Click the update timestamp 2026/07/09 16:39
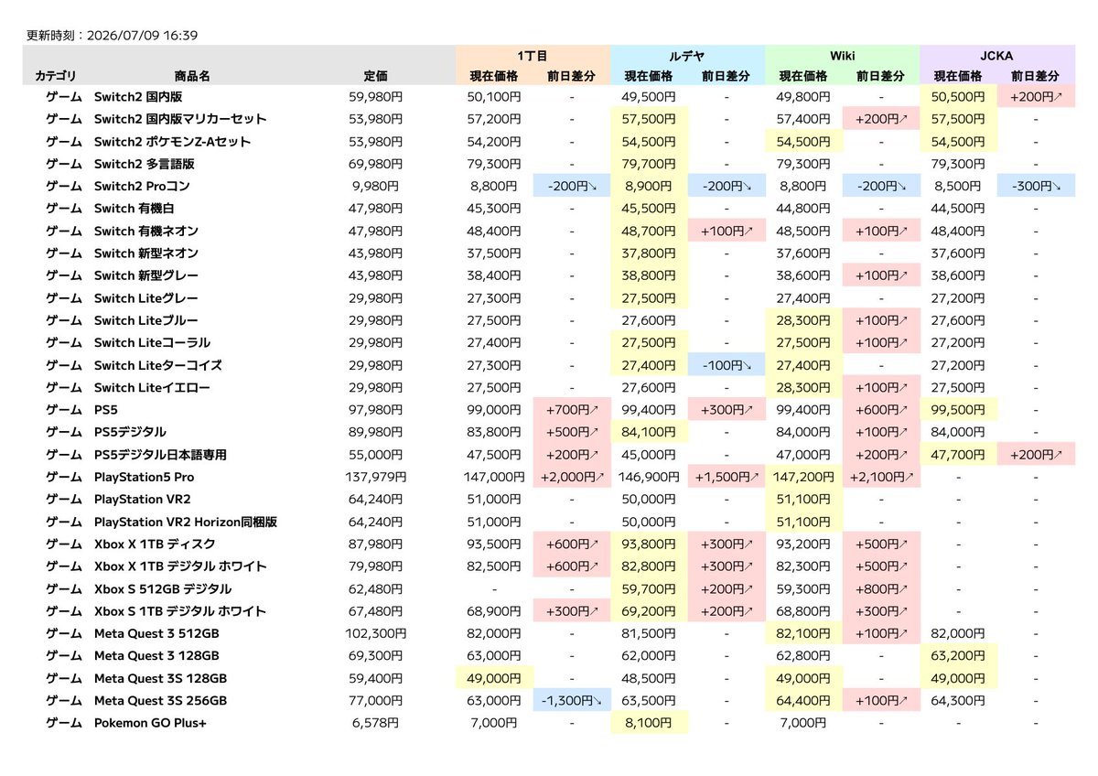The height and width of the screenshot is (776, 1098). (x=142, y=36)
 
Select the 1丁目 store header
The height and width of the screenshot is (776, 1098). (x=533, y=56)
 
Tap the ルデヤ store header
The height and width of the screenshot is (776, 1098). (x=687, y=56)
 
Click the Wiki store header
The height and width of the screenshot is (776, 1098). (x=842, y=56)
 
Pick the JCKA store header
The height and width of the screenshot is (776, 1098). (x=996, y=56)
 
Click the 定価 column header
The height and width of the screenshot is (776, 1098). (x=375, y=76)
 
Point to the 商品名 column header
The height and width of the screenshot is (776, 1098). (x=192, y=76)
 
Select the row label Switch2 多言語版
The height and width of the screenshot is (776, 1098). (x=145, y=164)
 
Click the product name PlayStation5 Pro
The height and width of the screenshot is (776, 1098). (x=145, y=477)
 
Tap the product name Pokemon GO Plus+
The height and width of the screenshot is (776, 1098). (x=150, y=723)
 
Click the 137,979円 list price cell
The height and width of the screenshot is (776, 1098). (x=375, y=477)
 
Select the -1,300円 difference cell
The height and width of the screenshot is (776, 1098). (x=572, y=701)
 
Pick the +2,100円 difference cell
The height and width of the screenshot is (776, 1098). (x=881, y=477)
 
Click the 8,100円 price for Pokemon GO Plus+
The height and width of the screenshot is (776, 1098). (x=648, y=723)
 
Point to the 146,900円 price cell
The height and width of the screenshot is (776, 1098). (x=648, y=477)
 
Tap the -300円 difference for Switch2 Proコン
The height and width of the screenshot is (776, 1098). (x=1036, y=187)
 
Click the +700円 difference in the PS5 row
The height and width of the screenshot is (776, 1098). (x=572, y=410)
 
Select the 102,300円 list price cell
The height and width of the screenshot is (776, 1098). (x=375, y=633)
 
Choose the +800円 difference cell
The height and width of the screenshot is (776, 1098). (x=881, y=588)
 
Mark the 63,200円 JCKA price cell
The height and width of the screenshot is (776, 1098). (x=958, y=656)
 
